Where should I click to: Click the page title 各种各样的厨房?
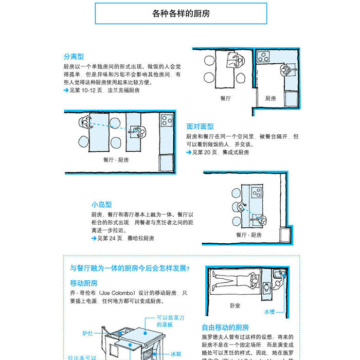(181, 14)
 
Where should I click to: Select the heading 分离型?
(74, 57)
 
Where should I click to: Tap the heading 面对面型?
(200, 127)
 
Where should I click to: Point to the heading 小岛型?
(102, 204)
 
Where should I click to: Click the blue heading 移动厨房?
(84, 283)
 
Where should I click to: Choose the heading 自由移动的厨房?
(225, 327)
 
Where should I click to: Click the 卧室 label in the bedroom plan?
(236, 305)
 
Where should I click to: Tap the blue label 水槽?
(269, 312)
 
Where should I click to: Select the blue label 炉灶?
(88, 333)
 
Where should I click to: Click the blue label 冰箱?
(176, 354)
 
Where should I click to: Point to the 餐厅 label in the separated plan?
(225, 98)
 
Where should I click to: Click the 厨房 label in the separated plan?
(271, 98)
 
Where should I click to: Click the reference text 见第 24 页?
(110, 238)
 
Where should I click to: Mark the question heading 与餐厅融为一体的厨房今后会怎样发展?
(130, 268)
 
